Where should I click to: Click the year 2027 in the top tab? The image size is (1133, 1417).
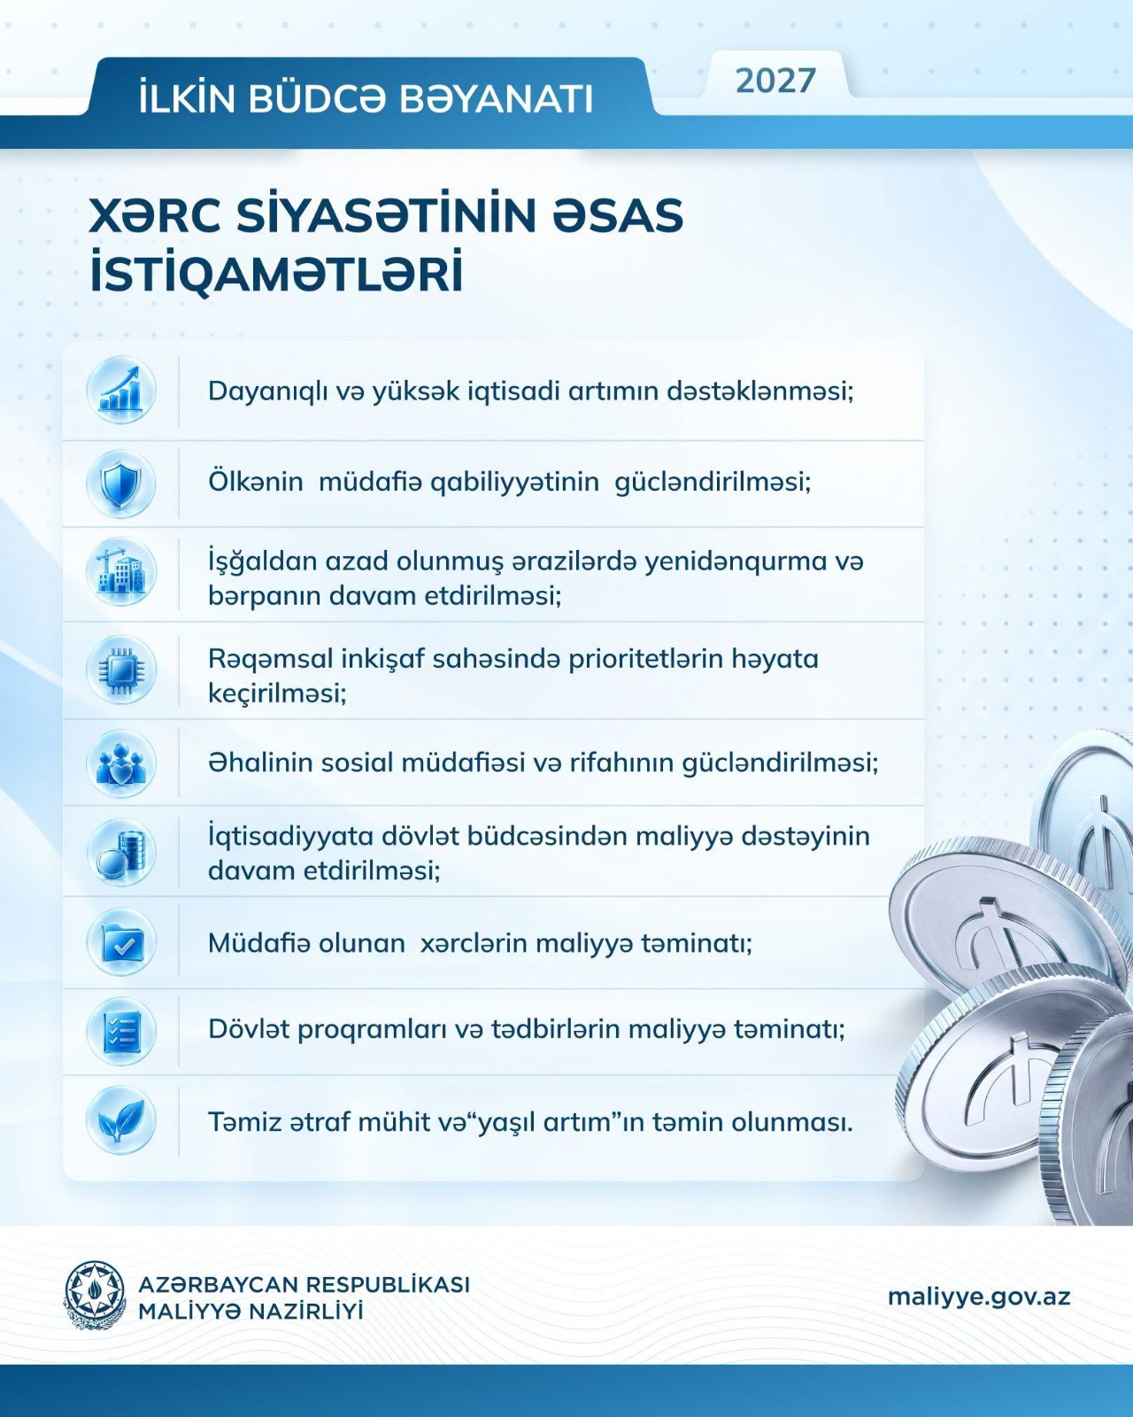pos(775,81)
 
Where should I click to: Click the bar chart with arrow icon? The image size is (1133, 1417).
pos(121,390)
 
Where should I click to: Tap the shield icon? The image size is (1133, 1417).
pos(121,484)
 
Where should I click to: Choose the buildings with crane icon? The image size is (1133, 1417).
pos(121,572)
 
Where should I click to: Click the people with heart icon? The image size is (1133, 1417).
pos(121,763)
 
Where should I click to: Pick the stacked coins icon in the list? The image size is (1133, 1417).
pos(121,853)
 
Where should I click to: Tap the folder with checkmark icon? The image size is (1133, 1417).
pos(121,942)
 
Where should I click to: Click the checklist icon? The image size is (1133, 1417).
pos(121,1031)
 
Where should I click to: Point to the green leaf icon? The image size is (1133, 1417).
pos(121,1120)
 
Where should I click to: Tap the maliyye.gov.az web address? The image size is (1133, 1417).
pos(978,1297)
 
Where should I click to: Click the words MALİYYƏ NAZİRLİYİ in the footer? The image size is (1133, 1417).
pos(250,1311)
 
